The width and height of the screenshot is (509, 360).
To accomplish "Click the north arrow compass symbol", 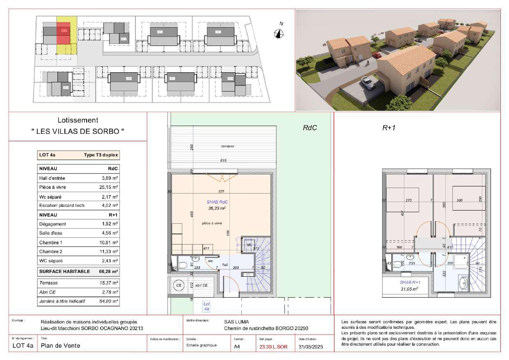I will pos(280,34).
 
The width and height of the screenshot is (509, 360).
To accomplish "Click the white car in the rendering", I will pos(367,83).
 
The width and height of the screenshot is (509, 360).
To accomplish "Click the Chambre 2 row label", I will pos(51,252).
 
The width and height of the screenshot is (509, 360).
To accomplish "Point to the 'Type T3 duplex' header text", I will pos(101,156).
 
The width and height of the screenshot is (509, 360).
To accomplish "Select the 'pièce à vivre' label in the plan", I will pos(212,223).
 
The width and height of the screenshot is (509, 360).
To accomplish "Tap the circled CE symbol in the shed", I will pos(179,285).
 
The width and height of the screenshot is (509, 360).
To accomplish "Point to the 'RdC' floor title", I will pos(310,128).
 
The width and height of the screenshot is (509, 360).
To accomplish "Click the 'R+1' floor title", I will pos(388,128).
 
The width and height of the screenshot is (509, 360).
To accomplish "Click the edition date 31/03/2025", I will pos(311,347).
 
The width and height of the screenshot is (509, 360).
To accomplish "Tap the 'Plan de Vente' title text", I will pos(61,346).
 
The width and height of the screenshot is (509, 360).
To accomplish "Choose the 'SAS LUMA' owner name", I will pos(236,322).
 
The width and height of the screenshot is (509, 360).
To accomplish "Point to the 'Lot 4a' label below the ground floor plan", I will pos(207,306).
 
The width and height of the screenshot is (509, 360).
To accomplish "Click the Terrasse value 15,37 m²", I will pos(109,283).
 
